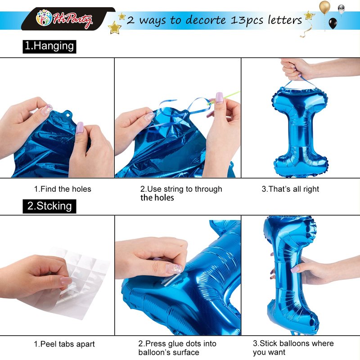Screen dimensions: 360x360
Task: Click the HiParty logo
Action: point(64,18)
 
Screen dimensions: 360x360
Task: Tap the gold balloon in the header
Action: point(324,7)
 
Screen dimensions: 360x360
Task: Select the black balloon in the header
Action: point(333,23)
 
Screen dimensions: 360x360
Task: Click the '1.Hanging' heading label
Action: point(49,47)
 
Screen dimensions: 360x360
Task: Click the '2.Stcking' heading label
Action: point(49,206)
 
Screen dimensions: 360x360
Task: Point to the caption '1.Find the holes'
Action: point(63,189)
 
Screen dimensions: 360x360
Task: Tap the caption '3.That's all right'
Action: point(290,189)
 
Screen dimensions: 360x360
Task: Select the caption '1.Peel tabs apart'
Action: point(64,344)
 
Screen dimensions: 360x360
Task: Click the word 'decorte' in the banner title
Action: point(206,20)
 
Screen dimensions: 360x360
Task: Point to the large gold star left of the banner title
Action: point(115,27)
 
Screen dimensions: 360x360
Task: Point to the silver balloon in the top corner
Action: point(341,9)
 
